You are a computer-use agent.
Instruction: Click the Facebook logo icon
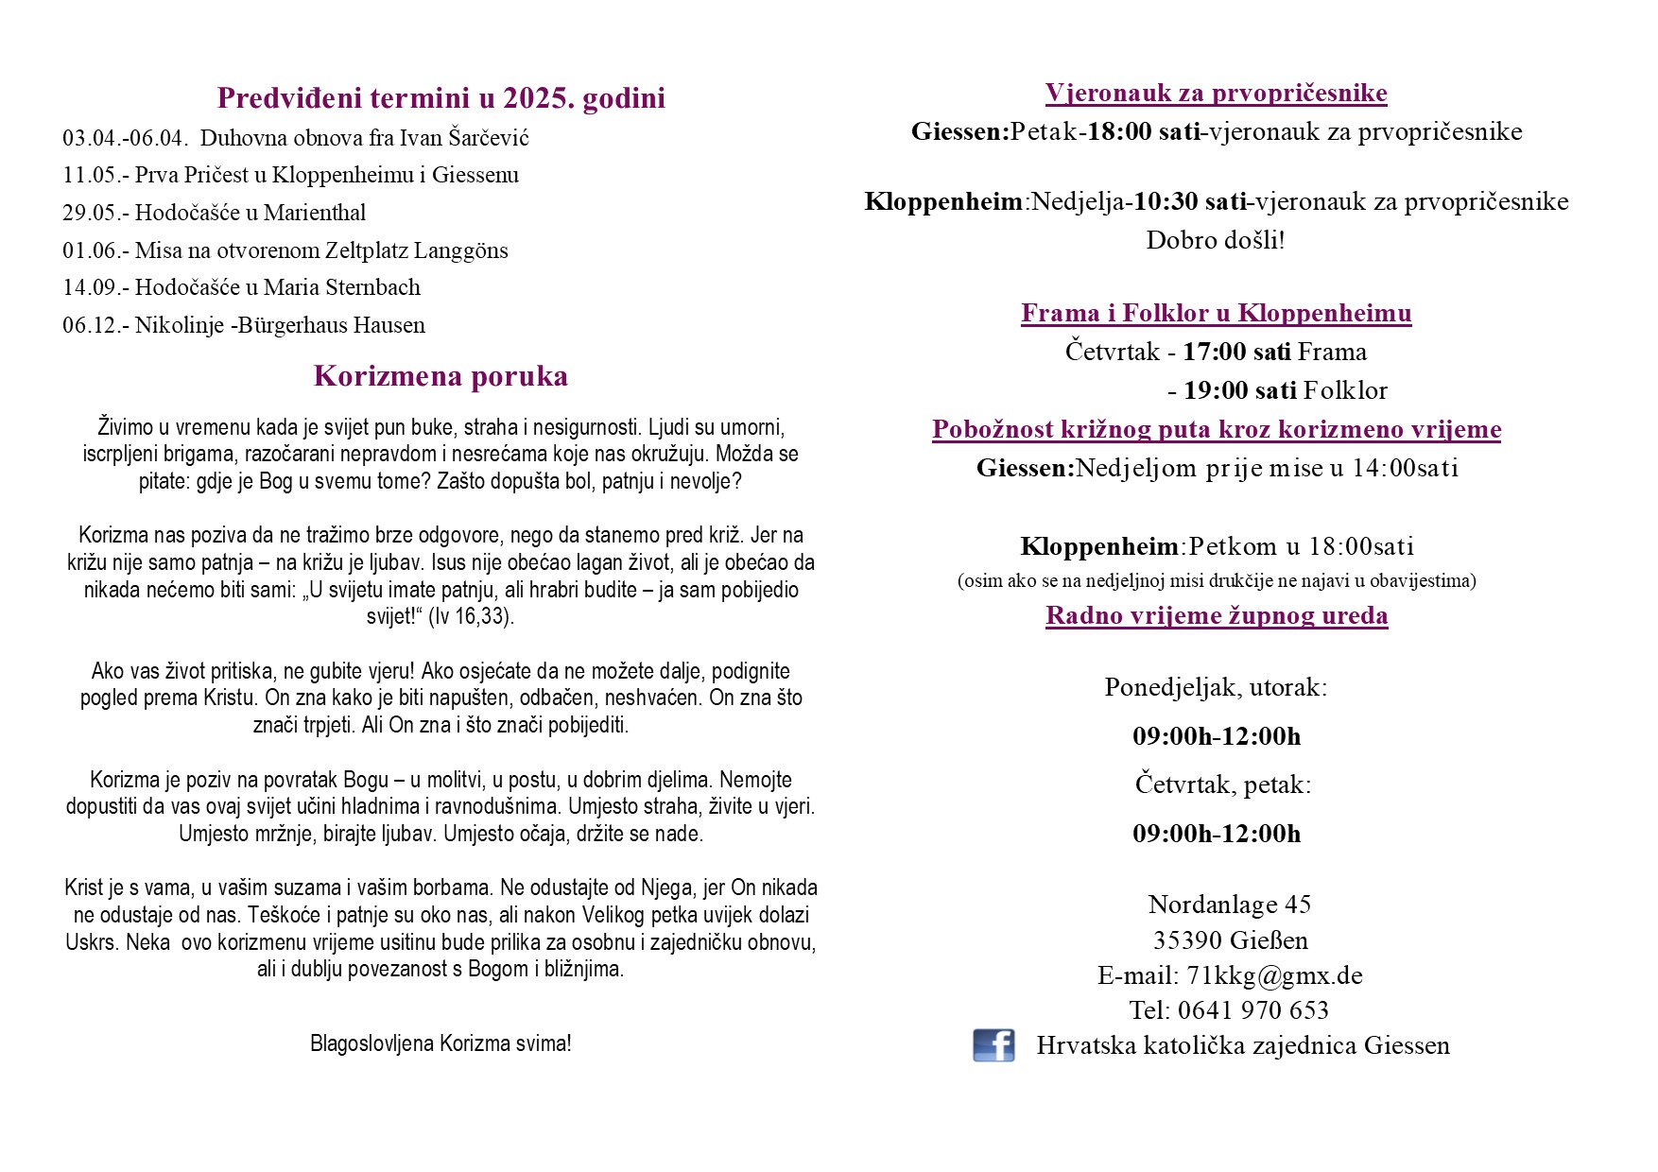point(993,1045)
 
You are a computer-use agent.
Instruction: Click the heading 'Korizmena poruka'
point(440,376)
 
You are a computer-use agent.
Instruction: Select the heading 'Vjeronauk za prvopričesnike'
point(1216,93)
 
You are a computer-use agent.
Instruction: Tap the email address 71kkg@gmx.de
point(1274,975)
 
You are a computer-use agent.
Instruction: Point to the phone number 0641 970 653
point(1252,1010)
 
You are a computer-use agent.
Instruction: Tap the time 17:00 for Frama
point(1215,352)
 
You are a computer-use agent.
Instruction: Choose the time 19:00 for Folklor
point(1216,390)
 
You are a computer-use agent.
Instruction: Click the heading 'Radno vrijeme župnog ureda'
point(1217,615)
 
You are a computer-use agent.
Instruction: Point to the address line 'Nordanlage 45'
point(1229,905)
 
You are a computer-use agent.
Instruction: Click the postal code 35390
point(1186,940)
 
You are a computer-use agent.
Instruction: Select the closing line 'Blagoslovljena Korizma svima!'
point(440,1043)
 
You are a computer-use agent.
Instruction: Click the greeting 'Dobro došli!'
point(1215,240)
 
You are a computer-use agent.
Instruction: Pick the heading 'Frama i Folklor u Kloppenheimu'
point(1216,313)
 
